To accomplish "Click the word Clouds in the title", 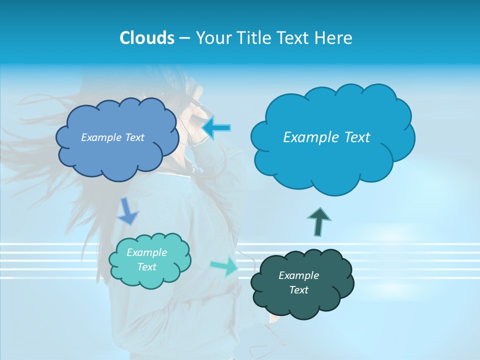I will point(147,38).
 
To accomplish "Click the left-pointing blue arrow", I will point(216,128).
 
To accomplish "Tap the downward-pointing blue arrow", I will point(128,211).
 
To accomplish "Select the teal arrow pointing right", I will point(225,266).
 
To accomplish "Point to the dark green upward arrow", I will point(318,221).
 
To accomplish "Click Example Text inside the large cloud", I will point(326,137).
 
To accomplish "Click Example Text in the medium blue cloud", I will point(112,137).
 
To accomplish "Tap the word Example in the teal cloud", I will point(146,252).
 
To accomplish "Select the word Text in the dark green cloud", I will point(298,290).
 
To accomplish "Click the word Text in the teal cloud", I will point(146,267).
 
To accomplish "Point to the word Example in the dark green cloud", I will point(298,275).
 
